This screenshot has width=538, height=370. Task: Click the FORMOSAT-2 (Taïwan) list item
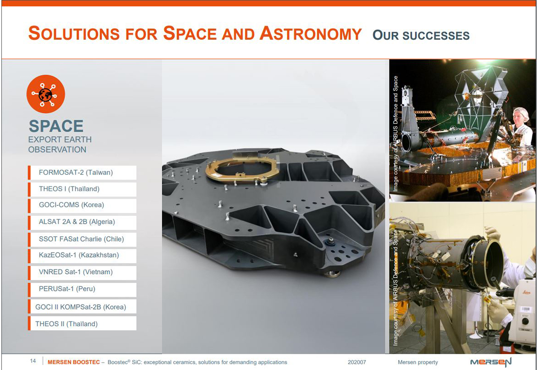coord(82,172)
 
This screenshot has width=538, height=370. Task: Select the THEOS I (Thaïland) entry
coord(82,189)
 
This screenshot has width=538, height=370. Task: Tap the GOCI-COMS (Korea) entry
coord(82,205)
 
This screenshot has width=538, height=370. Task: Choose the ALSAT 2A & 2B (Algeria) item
coord(82,222)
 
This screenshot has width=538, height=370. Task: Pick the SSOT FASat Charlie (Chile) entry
coord(82,239)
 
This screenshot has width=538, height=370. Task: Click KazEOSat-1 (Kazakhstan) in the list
coord(82,255)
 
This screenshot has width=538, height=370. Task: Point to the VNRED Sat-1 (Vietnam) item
coord(82,272)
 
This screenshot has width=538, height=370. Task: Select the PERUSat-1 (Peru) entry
coord(82,289)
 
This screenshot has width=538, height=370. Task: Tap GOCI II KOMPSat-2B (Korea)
coord(82,307)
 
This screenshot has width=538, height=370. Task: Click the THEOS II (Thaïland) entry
coord(82,324)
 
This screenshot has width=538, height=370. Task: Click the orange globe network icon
coord(46,94)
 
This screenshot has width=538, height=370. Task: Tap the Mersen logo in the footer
coord(490,362)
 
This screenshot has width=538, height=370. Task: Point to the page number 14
coord(33,361)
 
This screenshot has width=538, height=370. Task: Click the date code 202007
coord(357,362)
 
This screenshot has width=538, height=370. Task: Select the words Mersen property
coord(418,362)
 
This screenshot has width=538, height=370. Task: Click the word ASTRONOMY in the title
coord(310,34)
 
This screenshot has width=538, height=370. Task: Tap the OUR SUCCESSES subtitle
coord(421,35)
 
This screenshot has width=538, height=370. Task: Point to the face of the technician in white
coord(519,117)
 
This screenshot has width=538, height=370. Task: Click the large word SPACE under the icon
coord(56,126)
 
